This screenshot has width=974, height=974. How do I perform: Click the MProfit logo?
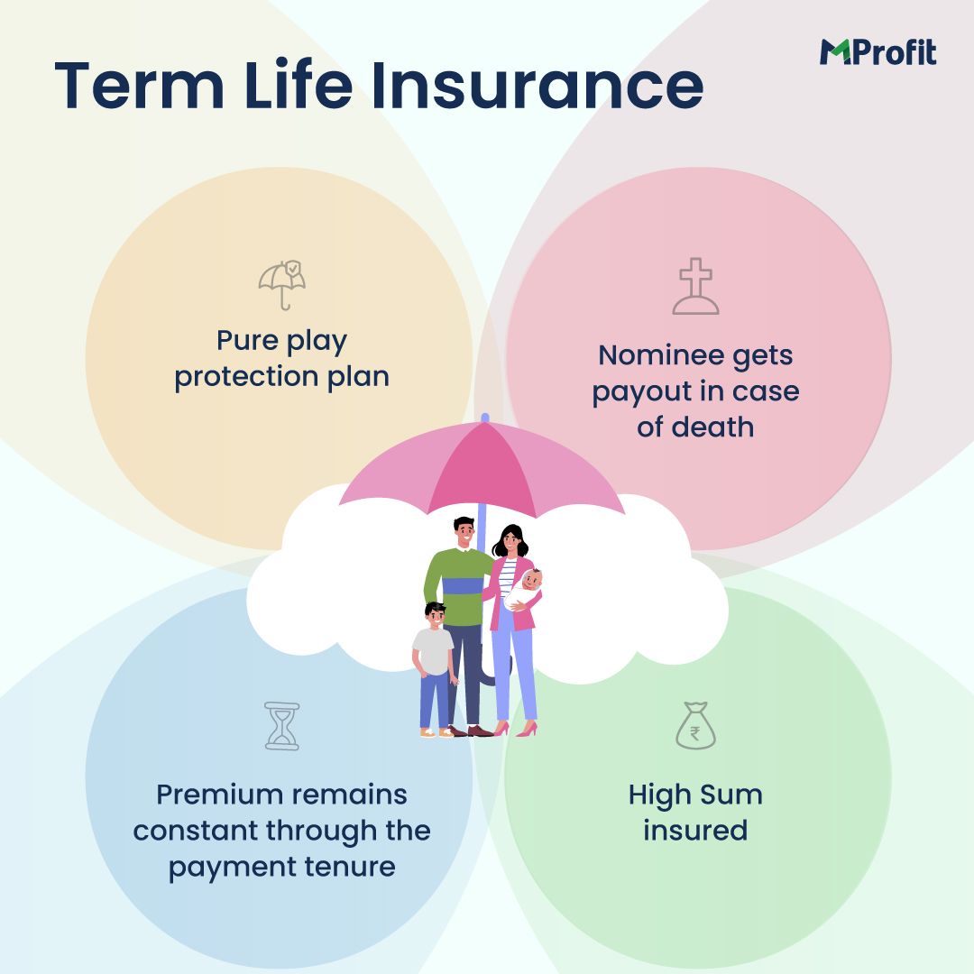(878, 52)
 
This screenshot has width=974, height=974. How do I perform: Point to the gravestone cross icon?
(695, 287)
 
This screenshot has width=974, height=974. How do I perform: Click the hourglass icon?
(281, 726)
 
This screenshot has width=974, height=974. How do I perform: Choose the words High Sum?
(695, 795)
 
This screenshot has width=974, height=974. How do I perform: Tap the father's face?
(464, 532)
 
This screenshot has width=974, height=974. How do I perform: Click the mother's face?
(510, 541)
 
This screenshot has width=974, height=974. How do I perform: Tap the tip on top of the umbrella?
(484, 418)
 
